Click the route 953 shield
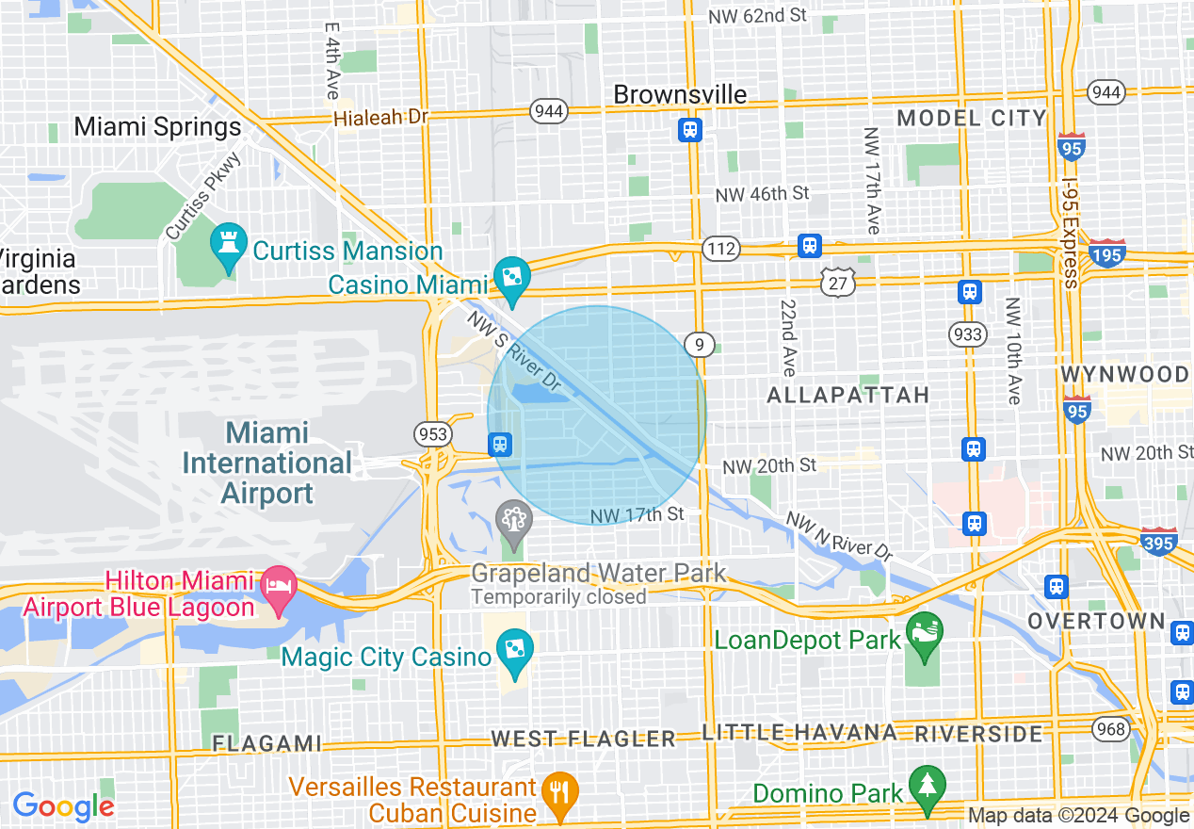[432, 433]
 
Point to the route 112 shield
[720, 249]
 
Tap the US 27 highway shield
[836, 282]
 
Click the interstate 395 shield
[1157, 543]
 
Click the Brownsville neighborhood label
[680, 94]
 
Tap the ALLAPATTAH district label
[847, 395]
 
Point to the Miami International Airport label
[267, 463]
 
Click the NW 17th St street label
[637, 515]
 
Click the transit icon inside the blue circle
[500, 443]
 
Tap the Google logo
[63, 806]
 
